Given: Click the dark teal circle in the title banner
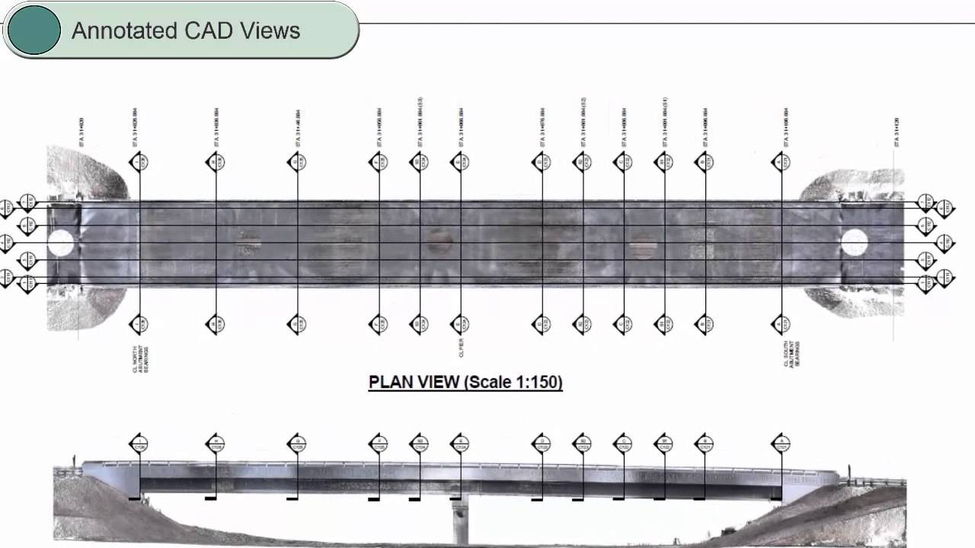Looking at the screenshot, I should pyautogui.click(x=33, y=30).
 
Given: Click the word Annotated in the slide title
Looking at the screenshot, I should pyautogui.click(x=123, y=31).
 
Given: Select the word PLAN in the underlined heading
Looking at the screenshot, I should pyautogui.click(x=393, y=381).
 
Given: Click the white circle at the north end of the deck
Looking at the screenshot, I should pyautogui.click(x=61, y=244).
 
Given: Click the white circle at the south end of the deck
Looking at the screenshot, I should pyautogui.click(x=854, y=243).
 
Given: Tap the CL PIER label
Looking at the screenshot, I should pyautogui.click(x=461, y=348).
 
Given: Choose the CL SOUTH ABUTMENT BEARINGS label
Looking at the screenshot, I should pyautogui.click(x=791, y=354).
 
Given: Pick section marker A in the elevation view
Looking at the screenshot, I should pyautogui.click(x=781, y=443).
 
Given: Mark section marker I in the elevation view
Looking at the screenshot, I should pyautogui.click(x=139, y=443).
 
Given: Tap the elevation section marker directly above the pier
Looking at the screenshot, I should pyautogui.click(x=459, y=443).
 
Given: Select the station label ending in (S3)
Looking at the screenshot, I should pyautogui.click(x=420, y=122).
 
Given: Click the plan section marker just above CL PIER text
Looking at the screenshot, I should pyautogui.click(x=459, y=324).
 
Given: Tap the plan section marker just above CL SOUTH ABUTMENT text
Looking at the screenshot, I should pyautogui.click(x=781, y=324).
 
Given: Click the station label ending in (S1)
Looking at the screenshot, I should pyautogui.click(x=664, y=122).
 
